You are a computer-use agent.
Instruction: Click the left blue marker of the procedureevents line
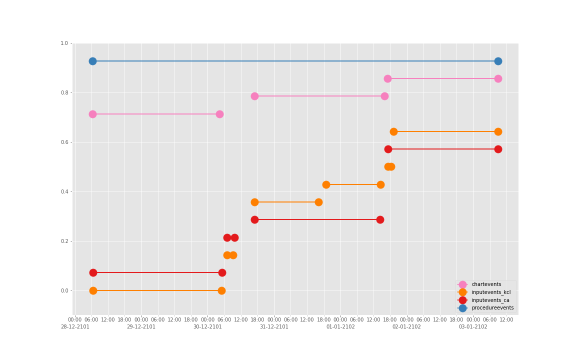point(92,61)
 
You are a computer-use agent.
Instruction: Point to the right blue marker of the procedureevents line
point(498,61)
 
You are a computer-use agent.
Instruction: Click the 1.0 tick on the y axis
point(64,43)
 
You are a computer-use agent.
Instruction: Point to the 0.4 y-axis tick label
point(64,192)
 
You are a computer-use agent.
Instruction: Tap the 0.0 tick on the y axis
point(64,291)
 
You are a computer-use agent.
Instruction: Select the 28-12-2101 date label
point(75,327)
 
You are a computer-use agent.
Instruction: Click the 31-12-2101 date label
point(274,327)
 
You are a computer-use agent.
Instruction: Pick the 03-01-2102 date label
point(473,327)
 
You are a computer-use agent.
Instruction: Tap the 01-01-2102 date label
point(340,327)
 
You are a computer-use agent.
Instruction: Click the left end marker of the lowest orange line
point(93,290)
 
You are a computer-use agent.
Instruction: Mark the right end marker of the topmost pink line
point(498,78)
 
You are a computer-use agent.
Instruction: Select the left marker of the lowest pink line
point(92,114)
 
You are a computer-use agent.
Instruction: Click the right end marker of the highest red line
point(498,149)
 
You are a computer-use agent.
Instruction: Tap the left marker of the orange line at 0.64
point(393,131)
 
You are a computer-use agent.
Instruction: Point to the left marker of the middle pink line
point(254,96)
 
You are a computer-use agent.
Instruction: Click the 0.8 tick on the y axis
point(64,93)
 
